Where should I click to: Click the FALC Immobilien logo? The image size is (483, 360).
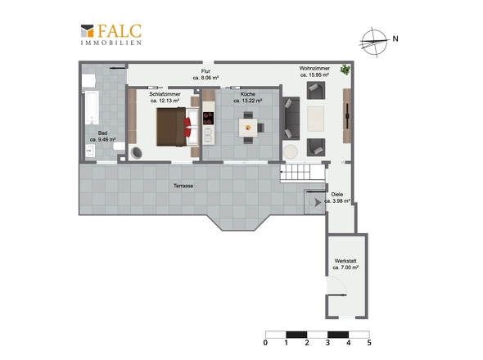tap(111, 35)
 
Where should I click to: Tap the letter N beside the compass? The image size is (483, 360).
tap(395, 38)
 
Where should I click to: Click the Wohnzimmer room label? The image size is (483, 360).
tap(314, 69)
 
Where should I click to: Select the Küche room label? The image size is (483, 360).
tap(248, 94)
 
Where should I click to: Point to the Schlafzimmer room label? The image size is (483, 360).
tap(165, 94)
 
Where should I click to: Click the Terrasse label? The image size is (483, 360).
tap(183, 186)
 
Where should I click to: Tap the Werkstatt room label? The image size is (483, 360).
tap(345, 261)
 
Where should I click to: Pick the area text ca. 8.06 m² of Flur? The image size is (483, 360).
tap(205, 78)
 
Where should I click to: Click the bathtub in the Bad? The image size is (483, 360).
tap(92, 107)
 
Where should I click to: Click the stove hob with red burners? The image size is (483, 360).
tap(208, 119)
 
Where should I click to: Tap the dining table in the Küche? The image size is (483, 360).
tap(248, 128)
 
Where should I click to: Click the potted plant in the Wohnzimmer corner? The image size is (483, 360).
tap(345, 70)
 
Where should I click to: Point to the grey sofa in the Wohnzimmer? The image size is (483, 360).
tap(291, 119)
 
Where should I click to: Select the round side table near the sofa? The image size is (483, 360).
tap(290, 152)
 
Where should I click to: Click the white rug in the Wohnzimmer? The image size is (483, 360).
tap(315, 119)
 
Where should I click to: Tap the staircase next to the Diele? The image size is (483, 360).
tap(303, 173)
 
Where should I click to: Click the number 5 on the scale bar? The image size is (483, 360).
tap(369, 343)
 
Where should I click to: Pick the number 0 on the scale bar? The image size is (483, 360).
tap(265, 343)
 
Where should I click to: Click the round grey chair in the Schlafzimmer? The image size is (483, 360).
tap(136, 152)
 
